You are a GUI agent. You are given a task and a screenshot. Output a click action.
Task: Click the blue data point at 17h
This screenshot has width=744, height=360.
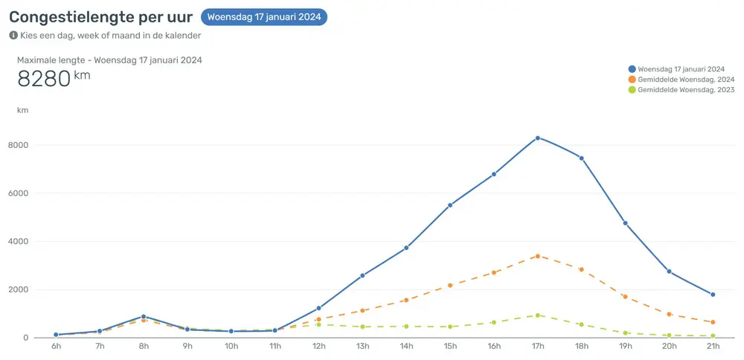tap(537, 138)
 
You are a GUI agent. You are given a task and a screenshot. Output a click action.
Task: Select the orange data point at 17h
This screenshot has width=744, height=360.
tap(537, 256)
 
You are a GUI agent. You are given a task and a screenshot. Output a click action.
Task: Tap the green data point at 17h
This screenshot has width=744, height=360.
tap(537, 315)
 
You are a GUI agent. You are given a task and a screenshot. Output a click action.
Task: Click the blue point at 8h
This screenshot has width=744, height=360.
tap(144, 317)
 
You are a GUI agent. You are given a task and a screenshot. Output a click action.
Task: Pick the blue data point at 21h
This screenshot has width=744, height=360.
tap(713, 295)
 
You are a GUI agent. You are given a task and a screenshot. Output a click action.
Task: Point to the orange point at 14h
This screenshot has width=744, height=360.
tap(406, 300)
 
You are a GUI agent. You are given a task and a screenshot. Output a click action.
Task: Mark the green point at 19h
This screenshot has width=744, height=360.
tap(625, 333)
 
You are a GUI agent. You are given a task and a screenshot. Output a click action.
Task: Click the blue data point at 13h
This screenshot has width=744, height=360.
tap(362, 275)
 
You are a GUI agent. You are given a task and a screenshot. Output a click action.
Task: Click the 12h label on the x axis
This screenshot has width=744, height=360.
tap(318, 347)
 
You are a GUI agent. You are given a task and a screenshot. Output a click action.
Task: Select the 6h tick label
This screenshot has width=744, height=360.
tap(56, 347)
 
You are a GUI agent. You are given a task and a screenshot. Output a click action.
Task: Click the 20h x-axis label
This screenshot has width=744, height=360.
tap(669, 347)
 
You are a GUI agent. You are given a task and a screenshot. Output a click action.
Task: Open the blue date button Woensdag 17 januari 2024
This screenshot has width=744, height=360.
tap(264, 17)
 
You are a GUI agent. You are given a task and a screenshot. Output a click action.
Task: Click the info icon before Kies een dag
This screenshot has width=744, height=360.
tap(13, 35)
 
